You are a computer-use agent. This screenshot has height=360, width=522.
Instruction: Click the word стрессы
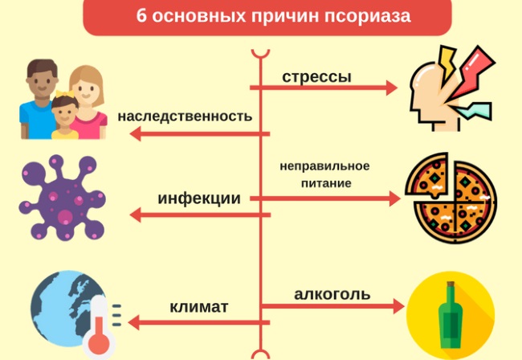coord(316,77)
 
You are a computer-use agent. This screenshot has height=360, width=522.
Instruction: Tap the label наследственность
coord(185,117)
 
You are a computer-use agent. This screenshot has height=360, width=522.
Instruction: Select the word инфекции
coord(199,198)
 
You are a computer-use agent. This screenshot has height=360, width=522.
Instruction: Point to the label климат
coord(199,307)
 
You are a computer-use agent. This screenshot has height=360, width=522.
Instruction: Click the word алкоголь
coord(332,294)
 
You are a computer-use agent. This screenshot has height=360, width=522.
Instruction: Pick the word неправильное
coord(324,166)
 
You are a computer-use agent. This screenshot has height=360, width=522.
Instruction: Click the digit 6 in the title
coord(141,15)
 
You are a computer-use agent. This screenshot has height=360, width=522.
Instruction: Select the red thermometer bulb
coord(100,344)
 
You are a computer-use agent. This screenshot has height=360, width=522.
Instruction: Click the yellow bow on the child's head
coord(64,94)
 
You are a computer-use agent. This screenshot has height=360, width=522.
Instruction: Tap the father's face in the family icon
coord(42,83)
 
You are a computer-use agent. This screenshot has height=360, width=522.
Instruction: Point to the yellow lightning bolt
coord(447,62)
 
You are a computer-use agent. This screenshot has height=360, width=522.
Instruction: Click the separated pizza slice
coord(427,175)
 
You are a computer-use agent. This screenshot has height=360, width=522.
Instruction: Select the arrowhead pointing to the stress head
coord(392,88)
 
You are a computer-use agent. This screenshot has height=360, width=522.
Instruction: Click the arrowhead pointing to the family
coord(135,134)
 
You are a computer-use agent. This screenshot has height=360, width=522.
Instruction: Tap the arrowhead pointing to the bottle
coord(398,306)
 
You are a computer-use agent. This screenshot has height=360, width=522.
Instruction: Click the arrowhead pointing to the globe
coord(134,322)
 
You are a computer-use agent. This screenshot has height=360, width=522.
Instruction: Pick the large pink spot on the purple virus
coord(65,217)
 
